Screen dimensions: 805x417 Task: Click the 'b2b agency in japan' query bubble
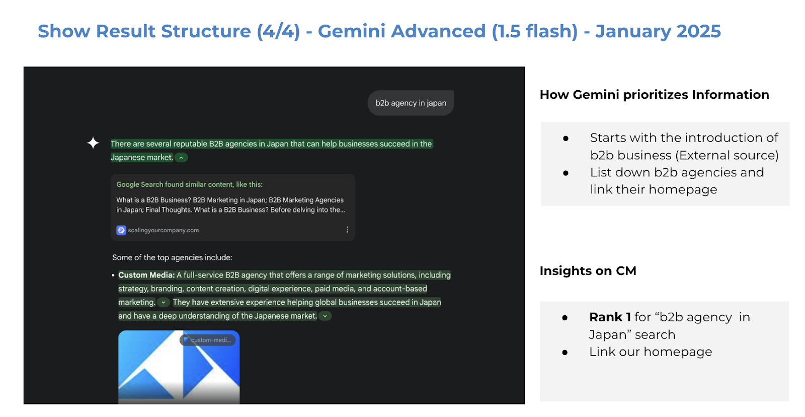[411, 103]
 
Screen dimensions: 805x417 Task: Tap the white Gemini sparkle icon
[93, 143]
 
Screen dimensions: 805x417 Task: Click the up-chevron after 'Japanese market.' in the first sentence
[181, 158]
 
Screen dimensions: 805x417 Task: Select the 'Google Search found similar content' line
[189, 184]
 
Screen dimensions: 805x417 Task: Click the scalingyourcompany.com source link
[163, 230]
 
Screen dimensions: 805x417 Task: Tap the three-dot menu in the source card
[347, 230]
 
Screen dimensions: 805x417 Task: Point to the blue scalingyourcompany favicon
[121, 230]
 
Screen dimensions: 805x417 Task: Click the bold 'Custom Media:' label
[146, 275]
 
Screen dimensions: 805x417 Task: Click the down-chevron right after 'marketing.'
[163, 303]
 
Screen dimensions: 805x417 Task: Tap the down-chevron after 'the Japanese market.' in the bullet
[325, 316]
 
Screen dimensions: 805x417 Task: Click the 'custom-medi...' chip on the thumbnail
[208, 340]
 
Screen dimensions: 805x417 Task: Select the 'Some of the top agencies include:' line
[172, 258]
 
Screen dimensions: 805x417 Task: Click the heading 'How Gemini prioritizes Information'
[655, 95]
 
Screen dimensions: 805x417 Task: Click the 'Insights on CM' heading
[588, 270]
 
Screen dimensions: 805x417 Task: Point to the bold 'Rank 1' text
[610, 317]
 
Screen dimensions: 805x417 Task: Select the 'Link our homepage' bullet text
[651, 352]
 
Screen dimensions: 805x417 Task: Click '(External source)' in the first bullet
[727, 156]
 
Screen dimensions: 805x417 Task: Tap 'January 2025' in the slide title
[658, 31]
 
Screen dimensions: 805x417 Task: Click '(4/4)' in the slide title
[278, 31]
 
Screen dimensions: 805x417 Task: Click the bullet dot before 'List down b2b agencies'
[566, 173]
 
